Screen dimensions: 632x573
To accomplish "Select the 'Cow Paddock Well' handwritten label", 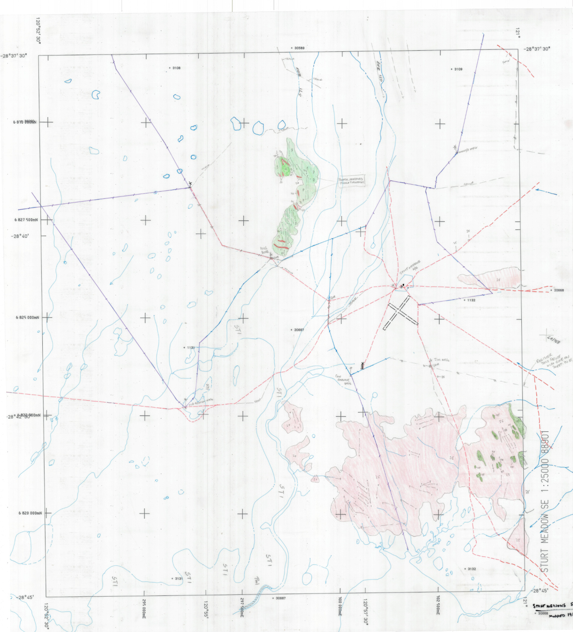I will (343, 379).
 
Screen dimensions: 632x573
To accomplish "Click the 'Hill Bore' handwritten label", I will (264, 250).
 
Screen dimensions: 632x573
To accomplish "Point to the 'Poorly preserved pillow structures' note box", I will (351, 181).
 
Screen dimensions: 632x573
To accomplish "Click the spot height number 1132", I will (471, 300).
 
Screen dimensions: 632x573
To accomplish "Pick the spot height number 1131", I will (190, 348).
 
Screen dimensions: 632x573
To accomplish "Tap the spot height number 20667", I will (299, 330).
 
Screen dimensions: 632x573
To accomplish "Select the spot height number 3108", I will (176, 68).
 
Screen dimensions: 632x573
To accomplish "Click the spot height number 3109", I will (458, 69).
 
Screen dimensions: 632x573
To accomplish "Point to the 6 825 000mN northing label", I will (28, 317).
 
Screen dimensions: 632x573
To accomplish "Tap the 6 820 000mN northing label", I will (30, 513).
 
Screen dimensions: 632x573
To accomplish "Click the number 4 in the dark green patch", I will (285, 169).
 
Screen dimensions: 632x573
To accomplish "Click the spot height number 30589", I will (299, 48).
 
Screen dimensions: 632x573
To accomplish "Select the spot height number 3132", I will (471, 569).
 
